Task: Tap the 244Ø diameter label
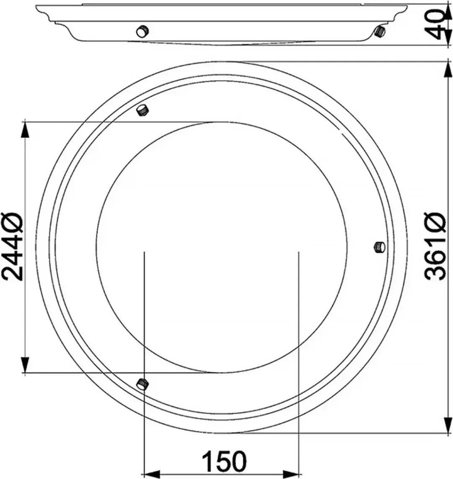click(x=12, y=246)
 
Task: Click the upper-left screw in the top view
click(x=142, y=110)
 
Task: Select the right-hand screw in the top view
click(x=380, y=247)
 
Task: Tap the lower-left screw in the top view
click(x=142, y=383)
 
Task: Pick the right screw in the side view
click(x=380, y=32)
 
